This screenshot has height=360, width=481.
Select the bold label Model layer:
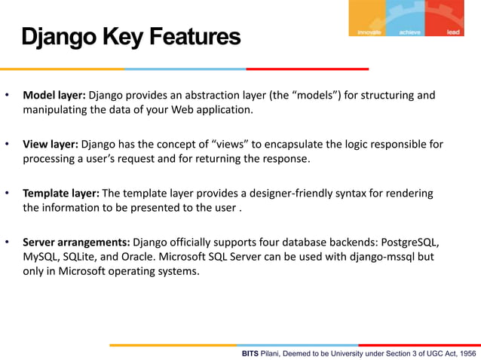click(x=54, y=96)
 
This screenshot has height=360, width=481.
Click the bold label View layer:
click(x=51, y=144)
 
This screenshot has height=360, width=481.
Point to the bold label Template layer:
click(x=60, y=194)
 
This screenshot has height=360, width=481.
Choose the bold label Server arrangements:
click(x=76, y=243)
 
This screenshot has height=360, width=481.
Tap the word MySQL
click(x=41, y=257)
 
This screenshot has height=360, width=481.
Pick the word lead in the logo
click(x=453, y=32)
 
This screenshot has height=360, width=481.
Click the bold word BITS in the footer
click(x=250, y=353)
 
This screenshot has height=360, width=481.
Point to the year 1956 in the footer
click(x=467, y=353)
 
